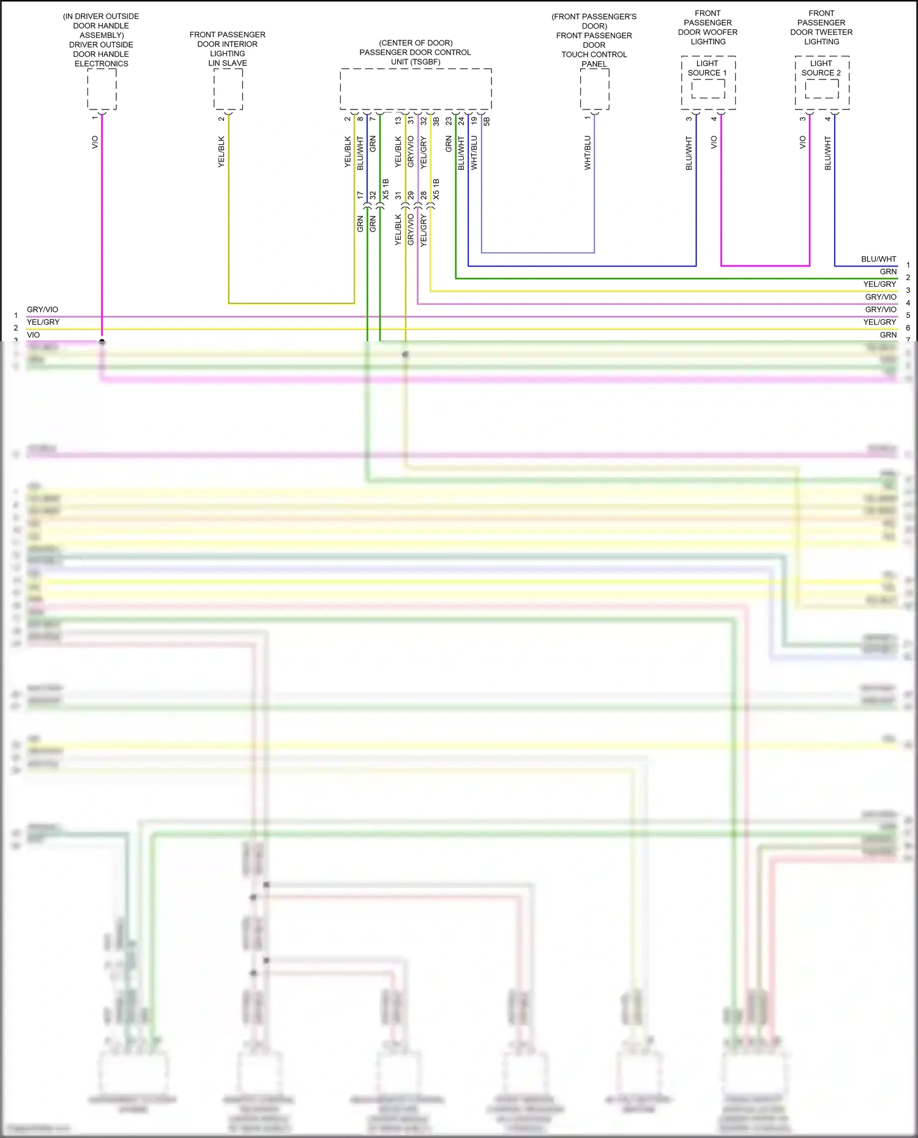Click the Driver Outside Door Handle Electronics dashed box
click(102, 89)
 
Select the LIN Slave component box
click(228, 89)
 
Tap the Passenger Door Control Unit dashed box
click(416, 89)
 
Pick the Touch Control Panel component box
click(594, 89)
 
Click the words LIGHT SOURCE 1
click(707, 68)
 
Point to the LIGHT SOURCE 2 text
click(821, 68)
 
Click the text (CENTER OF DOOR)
click(416, 43)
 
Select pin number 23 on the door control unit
click(449, 121)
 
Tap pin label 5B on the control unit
click(487, 121)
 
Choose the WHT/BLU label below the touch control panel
click(588, 153)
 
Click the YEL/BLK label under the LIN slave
click(222, 152)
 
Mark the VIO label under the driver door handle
click(95, 142)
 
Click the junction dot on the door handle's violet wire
click(102, 342)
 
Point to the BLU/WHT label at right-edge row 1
click(878, 259)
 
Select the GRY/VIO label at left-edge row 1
click(42, 309)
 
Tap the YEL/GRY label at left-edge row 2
click(43, 322)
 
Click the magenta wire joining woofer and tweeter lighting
click(765, 266)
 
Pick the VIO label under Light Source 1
click(714, 142)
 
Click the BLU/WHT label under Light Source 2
click(828, 153)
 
